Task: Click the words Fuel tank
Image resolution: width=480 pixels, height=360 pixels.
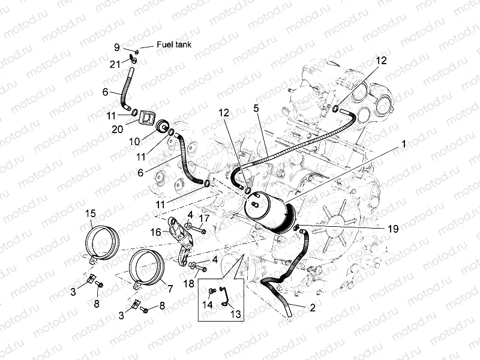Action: [173, 44]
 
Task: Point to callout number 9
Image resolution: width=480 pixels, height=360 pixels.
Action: [118, 47]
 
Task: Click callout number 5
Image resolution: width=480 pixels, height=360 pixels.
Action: [256, 109]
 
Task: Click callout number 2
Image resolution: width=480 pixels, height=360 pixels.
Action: [311, 308]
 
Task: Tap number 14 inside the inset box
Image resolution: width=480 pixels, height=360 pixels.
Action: [208, 305]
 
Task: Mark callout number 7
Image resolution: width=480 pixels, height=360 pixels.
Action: [170, 289]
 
